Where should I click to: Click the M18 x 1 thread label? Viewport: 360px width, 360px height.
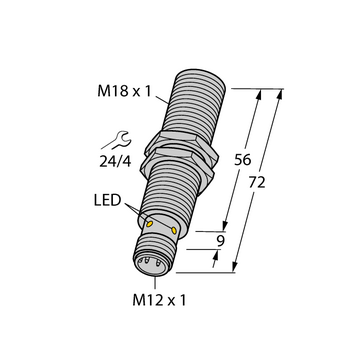click(x=124, y=91)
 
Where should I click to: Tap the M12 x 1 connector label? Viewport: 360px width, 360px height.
click(x=159, y=301)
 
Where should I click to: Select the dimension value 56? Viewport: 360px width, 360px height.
click(x=242, y=160)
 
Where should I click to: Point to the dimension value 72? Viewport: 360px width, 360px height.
click(x=257, y=182)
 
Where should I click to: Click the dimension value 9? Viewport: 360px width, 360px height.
click(x=220, y=242)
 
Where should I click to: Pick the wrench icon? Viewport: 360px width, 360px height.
click(x=117, y=141)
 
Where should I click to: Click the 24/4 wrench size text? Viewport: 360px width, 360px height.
click(x=115, y=161)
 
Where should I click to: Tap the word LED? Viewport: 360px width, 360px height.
click(x=107, y=201)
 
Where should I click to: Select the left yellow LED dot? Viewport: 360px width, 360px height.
click(x=150, y=224)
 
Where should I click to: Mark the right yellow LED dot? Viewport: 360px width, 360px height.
click(x=174, y=230)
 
